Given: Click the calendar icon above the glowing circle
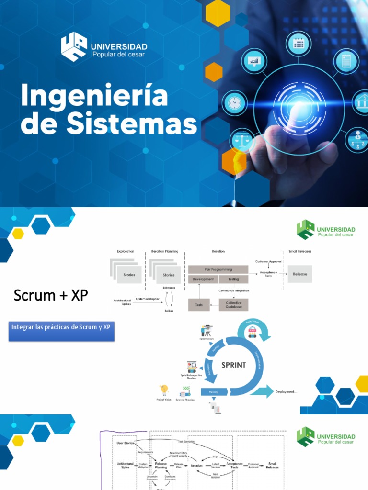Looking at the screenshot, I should [x=299, y=44].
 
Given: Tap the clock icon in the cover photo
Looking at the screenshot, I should [x=235, y=102].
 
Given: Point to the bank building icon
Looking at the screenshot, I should [x=363, y=102].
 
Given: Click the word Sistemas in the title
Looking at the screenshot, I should [x=132, y=124].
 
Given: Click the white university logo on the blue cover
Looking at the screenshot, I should [x=74, y=47].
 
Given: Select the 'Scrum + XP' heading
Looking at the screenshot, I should [x=51, y=295].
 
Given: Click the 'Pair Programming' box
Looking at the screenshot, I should [x=218, y=269].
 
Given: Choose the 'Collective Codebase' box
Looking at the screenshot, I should [x=233, y=305].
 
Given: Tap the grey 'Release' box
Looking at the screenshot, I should [x=299, y=274].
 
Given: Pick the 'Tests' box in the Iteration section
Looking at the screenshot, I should [x=198, y=304].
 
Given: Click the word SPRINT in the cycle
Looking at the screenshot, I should [x=233, y=365].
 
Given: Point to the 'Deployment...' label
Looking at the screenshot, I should [x=286, y=392].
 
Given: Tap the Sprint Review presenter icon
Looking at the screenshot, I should [x=207, y=331].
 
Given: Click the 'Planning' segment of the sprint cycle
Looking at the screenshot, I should [x=213, y=392].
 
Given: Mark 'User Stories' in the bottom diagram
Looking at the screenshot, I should [x=126, y=443].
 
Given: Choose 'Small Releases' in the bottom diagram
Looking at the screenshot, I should [x=272, y=465].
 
